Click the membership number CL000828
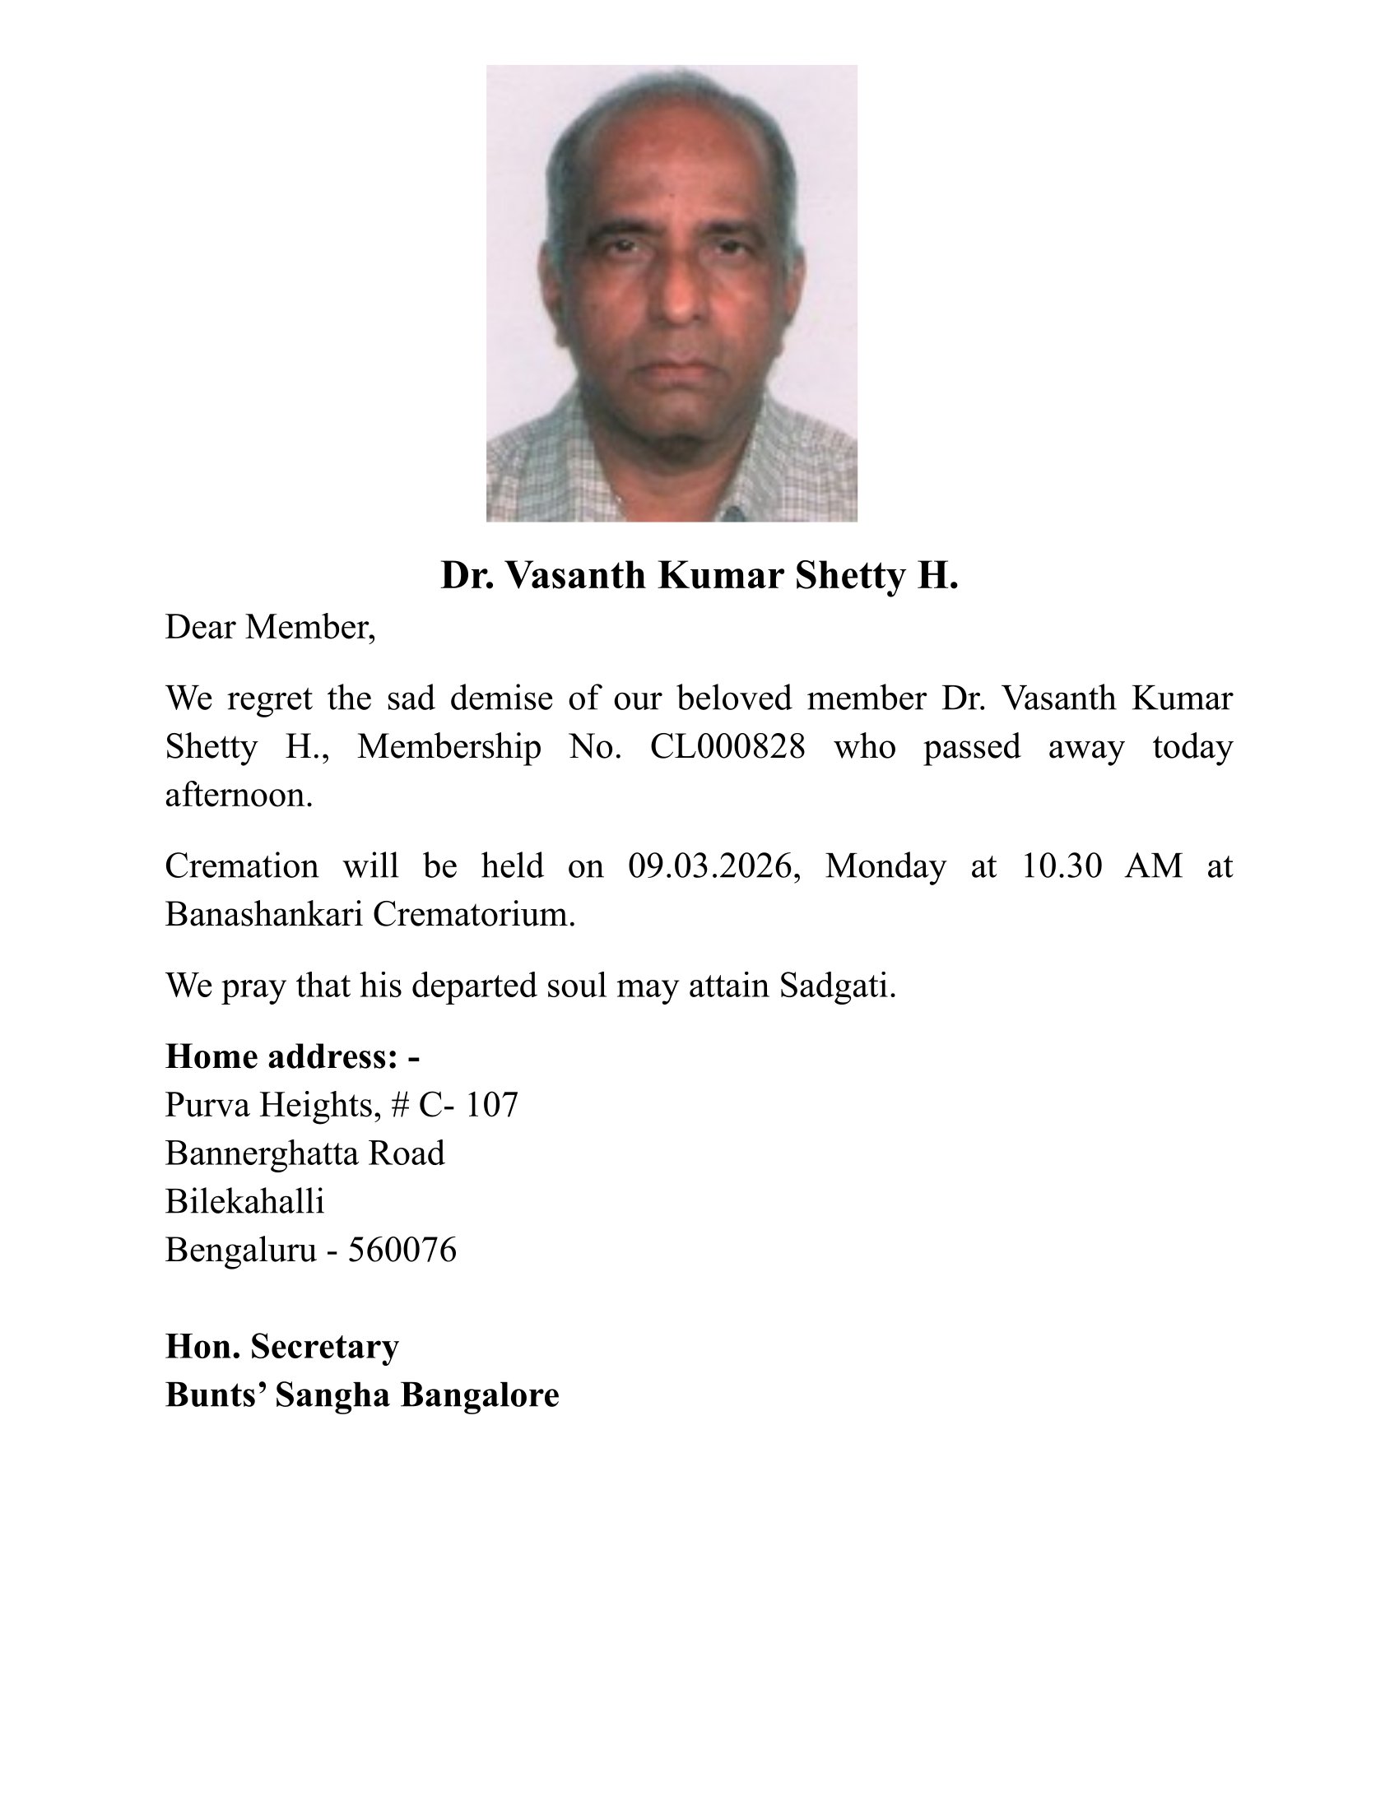[x=727, y=747]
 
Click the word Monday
[x=885, y=866]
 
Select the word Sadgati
[x=837, y=986]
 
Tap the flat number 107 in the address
[x=491, y=1105]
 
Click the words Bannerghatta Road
[x=305, y=1153]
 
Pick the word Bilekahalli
[x=244, y=1201]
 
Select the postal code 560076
[x=402, y=1250]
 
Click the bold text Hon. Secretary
[x=281, y=1346]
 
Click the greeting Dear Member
[x=269, y=628]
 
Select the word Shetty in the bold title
[x=849, y=575]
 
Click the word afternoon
[x=239, y=796]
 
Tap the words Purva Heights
[x=272, y=1105]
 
